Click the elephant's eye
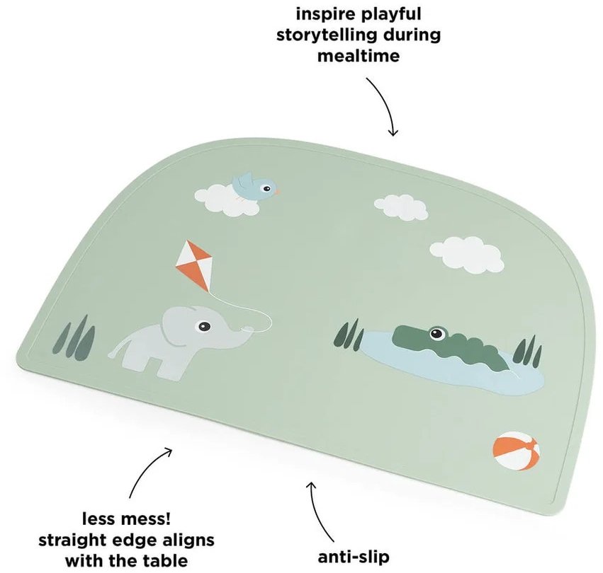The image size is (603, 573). pyautogui.click(x=204, y=326)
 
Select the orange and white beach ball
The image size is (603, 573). pyautogui.click(x=516, y=451)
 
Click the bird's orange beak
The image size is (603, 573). pyautogui.click(x=277, y=191)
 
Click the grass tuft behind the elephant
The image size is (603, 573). pyautogui.click(x=75, y=338)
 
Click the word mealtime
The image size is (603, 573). pyautogui.click(x=359, y=56)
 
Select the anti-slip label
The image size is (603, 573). pyautogui.click(x=354, y=557)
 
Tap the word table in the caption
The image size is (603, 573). pyautogui.click(x=164, y=560)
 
